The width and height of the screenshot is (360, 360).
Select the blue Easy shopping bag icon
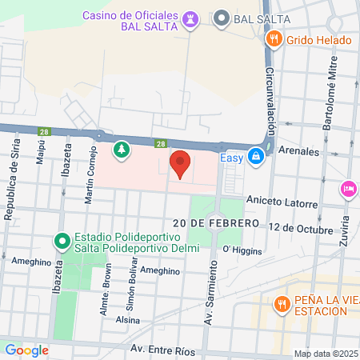(255, 157)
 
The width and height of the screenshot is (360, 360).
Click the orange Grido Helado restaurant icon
(274, 38)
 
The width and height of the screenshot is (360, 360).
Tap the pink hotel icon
(349, 189)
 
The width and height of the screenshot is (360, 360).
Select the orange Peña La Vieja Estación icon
(281, 304)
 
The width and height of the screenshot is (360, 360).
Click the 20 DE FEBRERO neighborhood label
(212, 222)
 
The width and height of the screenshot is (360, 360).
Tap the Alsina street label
(128, 318)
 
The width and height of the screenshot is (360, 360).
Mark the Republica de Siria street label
(12, 184)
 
